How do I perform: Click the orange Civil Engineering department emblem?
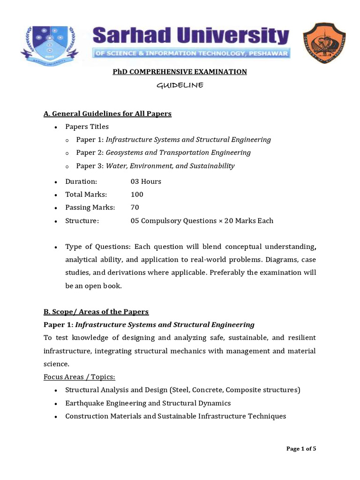click(324, 43)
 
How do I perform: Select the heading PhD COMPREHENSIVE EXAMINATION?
click(180, 72)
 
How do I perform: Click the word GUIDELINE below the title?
click(180, 85)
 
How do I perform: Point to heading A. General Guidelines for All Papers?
click(107, 113)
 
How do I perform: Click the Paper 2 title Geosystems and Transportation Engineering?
click(178, 152)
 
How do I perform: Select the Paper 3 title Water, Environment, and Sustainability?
click(170, 165)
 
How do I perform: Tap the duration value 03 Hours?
click(146, 181)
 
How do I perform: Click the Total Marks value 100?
click(137, 195)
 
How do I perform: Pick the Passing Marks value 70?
click(135, 208)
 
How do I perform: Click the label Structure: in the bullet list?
click(82, 221)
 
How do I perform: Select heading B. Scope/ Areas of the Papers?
click(96, 312)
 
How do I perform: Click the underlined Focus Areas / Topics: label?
click(79, 377)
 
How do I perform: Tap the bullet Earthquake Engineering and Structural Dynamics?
click(148, 403)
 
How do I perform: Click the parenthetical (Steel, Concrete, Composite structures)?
click(235, 390)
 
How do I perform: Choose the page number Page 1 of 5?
click(301, 449)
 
